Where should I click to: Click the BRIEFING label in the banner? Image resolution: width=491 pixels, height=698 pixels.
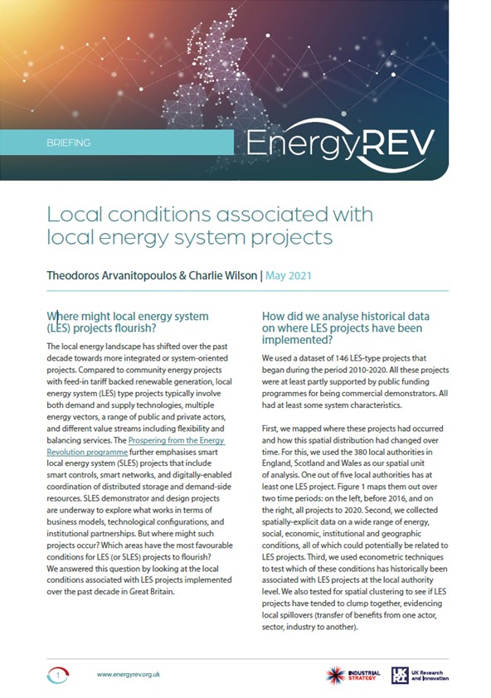(70, 143)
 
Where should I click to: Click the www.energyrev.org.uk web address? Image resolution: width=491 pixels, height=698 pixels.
(129, 675)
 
